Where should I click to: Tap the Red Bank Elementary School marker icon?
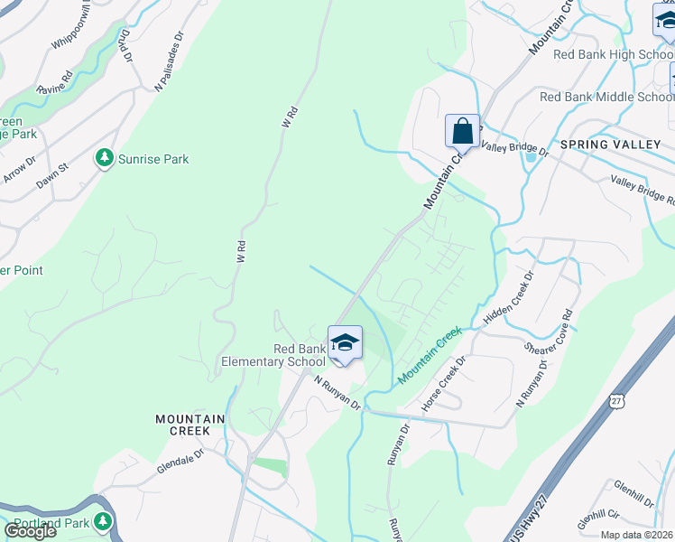pos(344,343)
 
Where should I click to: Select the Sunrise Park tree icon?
pos(106,159)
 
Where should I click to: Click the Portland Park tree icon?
pos(104,522)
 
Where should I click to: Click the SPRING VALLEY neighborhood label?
pos(610,145)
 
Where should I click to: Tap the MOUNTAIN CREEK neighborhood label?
pos(183,425)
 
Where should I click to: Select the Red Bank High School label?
pos(613,54)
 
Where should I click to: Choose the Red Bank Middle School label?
pos(606,98)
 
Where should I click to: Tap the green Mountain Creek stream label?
pos(429,353)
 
